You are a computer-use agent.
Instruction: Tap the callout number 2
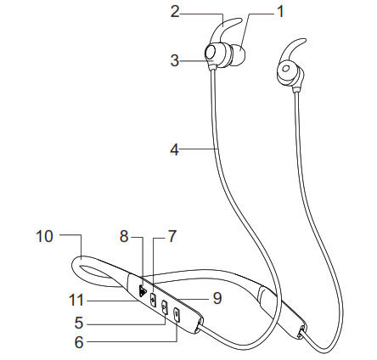(x=176, y=14)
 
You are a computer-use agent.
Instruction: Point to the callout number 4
(x=175, y=150)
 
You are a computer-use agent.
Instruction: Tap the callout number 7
(x=172, y=238)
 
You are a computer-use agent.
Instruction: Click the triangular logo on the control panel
(x=141, y=290)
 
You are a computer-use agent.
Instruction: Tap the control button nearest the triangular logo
(x=153, y=299)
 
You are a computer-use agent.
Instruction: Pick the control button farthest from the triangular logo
(x=177, y=315)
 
